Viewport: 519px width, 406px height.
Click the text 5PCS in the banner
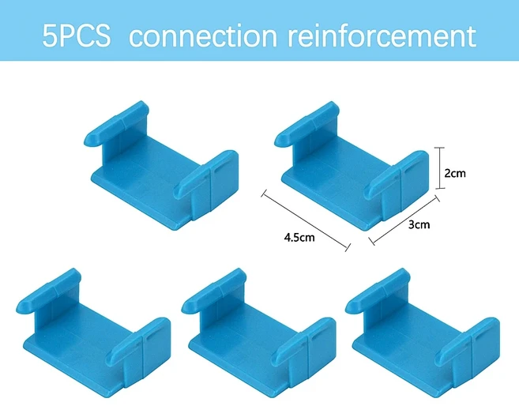point(77,36)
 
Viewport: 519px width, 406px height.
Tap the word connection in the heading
point(201,36)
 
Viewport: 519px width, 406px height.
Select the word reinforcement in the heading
point(378,36)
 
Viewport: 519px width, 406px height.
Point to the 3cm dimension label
point(419,224)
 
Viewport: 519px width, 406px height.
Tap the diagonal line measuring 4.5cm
point(305,220)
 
